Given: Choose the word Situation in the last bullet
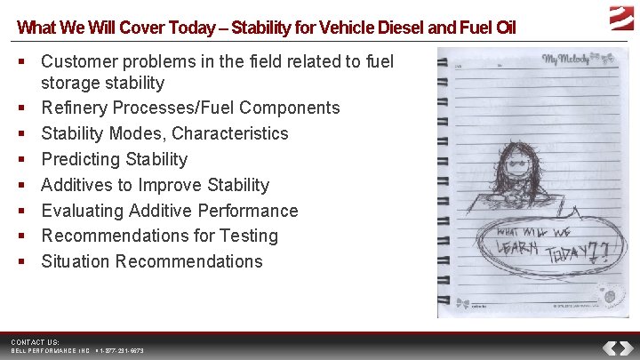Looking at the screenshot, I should (x=76, y=262).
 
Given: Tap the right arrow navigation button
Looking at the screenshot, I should (x=626, y=348).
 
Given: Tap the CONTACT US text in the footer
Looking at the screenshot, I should (x=36, y=342).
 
